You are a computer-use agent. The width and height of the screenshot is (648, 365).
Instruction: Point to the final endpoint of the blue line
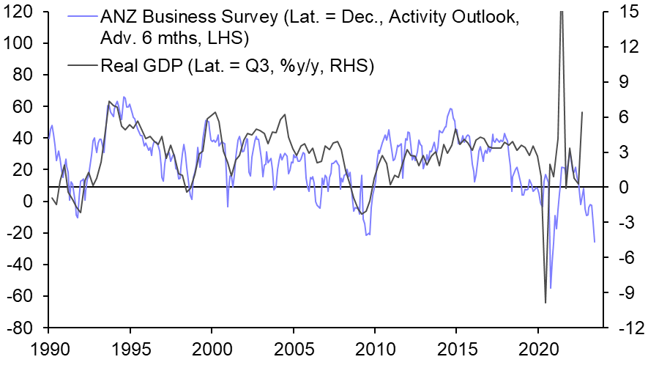click(x=595, y=242)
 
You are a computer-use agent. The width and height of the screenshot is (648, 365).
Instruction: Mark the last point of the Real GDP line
click(x=582, y=112)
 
